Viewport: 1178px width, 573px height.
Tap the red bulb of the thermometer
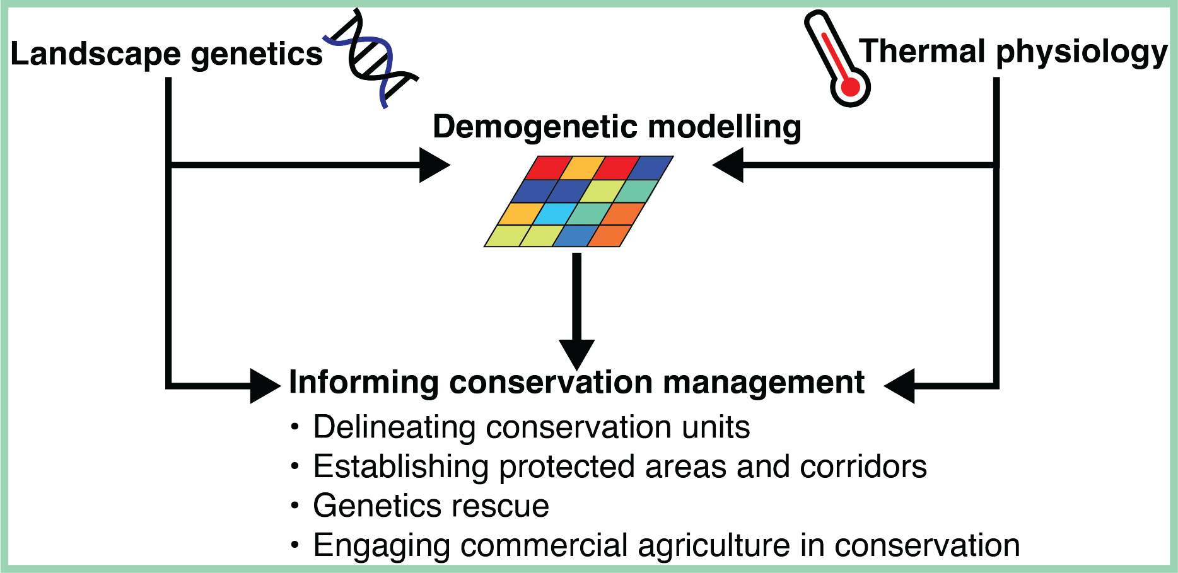pos(850,87)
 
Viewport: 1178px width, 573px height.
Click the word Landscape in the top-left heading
pos(96,55)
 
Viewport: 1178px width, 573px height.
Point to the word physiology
pos(1082,54)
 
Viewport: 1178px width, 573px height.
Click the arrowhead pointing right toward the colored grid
pos(434,165)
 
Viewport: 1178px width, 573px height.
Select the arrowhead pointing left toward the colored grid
pos(728,165)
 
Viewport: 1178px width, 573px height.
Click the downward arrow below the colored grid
pos(576,311)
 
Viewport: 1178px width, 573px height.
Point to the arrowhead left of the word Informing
pos(265,385)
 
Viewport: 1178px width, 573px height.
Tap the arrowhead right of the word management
pos(899,385)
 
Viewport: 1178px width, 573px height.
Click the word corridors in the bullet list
pos(863,467)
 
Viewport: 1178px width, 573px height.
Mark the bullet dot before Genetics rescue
pos(294,506)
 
